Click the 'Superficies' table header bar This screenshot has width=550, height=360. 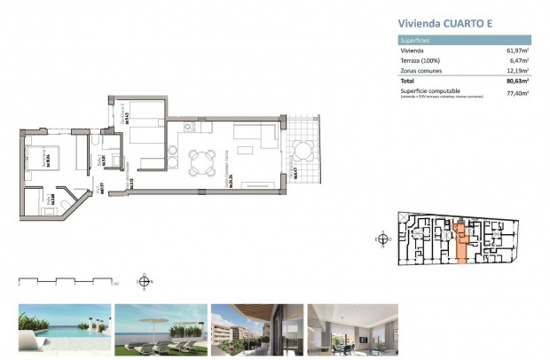click(x=464, y=40)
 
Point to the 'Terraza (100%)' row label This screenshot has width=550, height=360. click(x=420, y=60)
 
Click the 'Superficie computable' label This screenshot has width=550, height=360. click(x=429, y=90)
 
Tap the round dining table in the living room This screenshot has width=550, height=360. click(x=201, y=160)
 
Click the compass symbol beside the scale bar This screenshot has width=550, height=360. click(x=145, y=282)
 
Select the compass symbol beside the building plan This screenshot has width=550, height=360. click(x=382, y=239)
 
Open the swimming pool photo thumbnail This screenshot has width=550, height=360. click(x=65, y=328)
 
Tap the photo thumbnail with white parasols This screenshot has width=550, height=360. click(x=161, y=328)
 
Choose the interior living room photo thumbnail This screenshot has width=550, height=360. click(x=352, y=328)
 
